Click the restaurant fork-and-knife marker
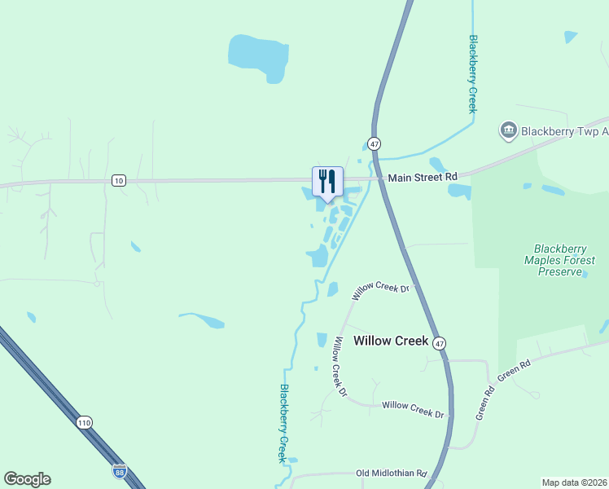327,181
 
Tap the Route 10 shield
119,180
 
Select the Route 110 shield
84,422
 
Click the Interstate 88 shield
120,471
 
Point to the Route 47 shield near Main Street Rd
374,143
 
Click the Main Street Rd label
423,177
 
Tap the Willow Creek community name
391,341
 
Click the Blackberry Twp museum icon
508,130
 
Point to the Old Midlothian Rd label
392,474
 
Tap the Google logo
27,479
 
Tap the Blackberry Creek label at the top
472,73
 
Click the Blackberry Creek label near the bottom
284,423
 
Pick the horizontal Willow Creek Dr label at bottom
413,408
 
